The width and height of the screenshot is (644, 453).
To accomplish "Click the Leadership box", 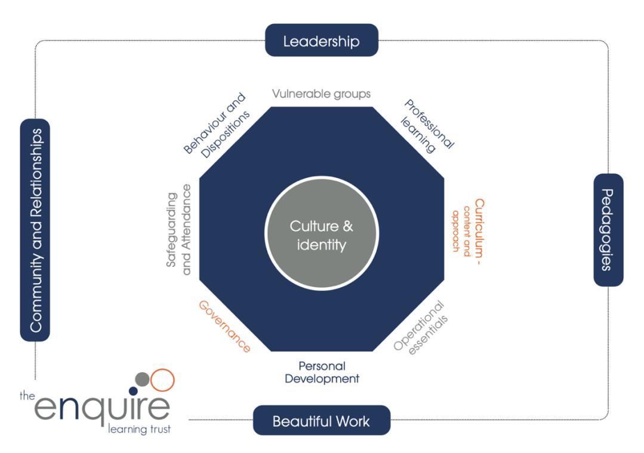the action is (x=321, y=41).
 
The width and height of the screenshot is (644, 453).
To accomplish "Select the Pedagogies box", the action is (x=608, y=230).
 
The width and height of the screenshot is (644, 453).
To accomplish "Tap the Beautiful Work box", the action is (x=321, y=421).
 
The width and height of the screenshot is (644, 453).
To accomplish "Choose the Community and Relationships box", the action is (x=35, y=230).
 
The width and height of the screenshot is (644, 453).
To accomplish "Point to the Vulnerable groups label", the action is (x=321, y=94).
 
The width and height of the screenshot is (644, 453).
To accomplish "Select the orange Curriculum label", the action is (x=469, y=230).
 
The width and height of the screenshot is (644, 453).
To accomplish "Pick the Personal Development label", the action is (x=322, y=372).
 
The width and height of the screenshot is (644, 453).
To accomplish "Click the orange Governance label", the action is (x=224, y=326).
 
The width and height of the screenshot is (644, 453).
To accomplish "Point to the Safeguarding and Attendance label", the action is (x=178, y=230).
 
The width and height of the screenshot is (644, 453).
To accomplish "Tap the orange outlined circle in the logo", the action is (x=162, y=380).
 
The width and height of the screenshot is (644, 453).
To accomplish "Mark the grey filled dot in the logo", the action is (x=143, y=379).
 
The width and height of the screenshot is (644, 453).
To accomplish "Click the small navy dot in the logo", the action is (x=133, y=391).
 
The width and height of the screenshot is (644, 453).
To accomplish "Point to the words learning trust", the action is (x=139, y=429).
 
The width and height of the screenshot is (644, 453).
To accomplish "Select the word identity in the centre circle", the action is (x=321, y=245).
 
